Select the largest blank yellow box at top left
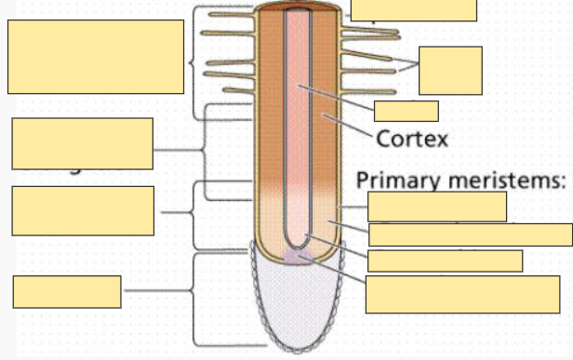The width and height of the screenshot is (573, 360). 96,57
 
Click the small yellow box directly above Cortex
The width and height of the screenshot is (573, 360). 406,112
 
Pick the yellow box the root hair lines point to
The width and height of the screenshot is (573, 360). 450,70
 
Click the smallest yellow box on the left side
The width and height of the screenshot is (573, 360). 67,291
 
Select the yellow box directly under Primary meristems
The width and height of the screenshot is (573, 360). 437,206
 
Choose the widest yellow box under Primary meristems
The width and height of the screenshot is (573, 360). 471,234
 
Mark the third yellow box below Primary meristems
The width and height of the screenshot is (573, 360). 446,260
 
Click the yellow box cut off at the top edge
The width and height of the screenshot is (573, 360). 414,9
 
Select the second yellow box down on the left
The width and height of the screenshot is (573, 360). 83,143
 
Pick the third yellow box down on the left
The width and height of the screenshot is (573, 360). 83,211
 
